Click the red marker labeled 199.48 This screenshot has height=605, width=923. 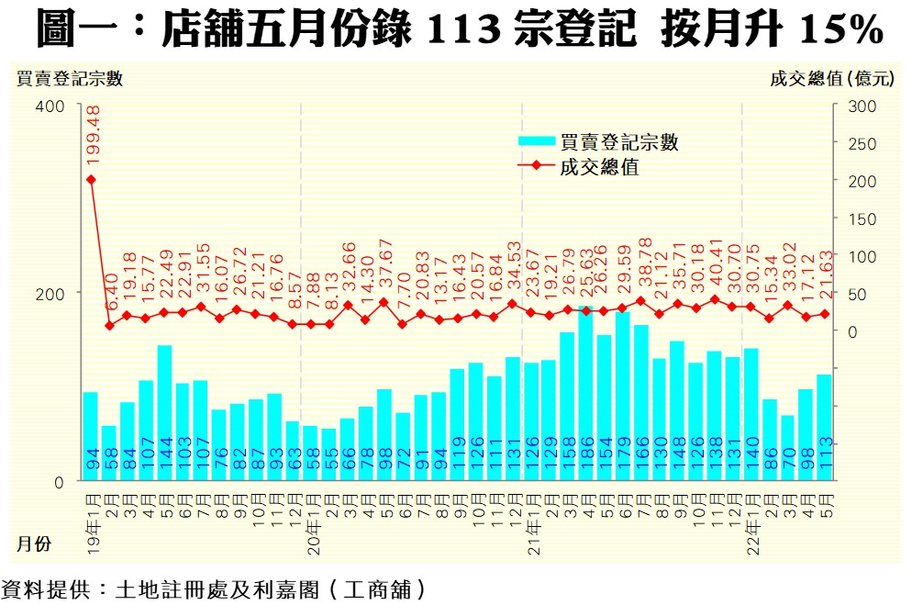tap(91, 179)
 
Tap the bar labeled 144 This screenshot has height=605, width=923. tap(165, 412)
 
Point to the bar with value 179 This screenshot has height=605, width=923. tap(622, 396)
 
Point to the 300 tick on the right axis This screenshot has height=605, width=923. tap(863, 106)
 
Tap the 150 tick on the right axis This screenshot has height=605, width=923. tap(863, 218)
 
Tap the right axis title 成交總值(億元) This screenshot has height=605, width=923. tap(831, 79)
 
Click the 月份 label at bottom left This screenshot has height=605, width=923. tap(33, 544)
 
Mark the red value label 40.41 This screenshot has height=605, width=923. tap(715, 268)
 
